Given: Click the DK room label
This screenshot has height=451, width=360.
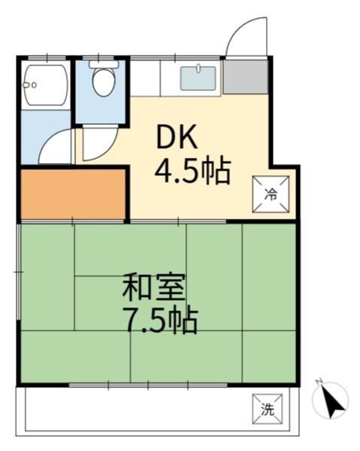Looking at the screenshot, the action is point(177,137).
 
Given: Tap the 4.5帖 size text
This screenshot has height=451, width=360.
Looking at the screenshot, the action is point(192,172).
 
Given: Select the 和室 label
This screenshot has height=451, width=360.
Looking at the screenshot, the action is point(154,287).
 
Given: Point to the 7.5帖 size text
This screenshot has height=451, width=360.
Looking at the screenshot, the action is point(160,321).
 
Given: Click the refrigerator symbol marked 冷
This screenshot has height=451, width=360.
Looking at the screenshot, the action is point(271,194).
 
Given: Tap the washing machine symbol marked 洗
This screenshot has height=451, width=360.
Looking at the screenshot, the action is point(268,409).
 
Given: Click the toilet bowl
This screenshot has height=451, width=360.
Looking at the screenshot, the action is point(104,81).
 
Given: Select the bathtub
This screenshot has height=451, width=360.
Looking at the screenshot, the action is point(46,86).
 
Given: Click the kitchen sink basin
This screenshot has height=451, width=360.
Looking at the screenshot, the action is point(198,78).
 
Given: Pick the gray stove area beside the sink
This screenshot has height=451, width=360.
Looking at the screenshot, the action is point(246,76).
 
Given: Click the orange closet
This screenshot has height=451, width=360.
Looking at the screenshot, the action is point(73,194).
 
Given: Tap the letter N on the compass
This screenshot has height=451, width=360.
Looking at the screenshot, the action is point(319,382).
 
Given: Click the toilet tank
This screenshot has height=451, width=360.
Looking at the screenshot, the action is point(104,64).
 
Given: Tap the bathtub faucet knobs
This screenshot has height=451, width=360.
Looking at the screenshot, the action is point(30,85).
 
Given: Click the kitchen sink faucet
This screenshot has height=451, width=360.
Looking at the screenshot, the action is point(198,68).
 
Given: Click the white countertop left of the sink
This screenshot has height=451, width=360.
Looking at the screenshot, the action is point(146,78).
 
